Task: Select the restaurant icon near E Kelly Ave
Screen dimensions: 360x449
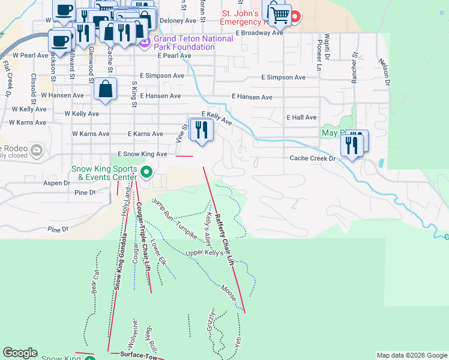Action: (x=201, y=130)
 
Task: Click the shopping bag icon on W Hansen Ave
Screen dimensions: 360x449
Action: (x=106, y=89)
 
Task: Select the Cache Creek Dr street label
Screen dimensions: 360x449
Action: (x=313, y=158)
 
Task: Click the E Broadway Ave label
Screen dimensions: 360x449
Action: (x=259, y=33)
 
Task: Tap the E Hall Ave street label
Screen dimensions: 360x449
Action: (x=301, y=118)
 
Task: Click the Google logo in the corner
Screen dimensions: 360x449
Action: (x=20, y=353)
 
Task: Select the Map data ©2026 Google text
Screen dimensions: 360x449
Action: (x=412, y=355)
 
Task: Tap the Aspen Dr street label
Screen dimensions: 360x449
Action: (x=57, y=183)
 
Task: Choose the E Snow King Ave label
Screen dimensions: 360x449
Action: (x=142, y=154)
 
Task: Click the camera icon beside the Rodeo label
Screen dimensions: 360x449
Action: (x=37, y=149)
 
